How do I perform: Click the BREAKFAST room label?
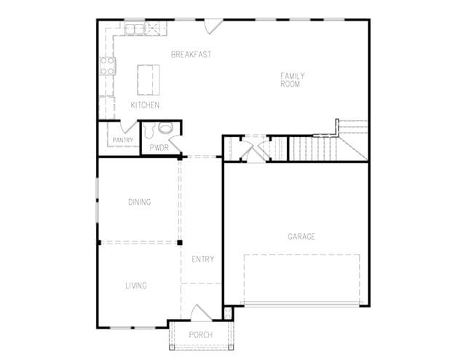[191, 54]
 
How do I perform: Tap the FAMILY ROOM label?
[293, 79]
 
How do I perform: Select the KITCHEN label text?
[145, 105]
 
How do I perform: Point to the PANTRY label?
[123, 140]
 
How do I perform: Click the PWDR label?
[159, 147]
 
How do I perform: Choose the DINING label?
[139, 202]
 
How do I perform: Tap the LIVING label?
[136, 286]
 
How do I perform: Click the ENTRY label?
[203, 259]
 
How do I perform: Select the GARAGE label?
[301, 237]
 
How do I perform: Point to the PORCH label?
[201, 335]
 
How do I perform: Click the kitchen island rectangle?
[149, 79]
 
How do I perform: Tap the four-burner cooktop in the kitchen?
[107, 66]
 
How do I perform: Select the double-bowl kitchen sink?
[135, 29]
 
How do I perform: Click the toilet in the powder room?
[149, 130]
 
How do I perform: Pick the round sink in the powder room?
[165, 128]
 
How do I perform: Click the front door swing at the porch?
[201, 313]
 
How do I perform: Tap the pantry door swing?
[128, 127]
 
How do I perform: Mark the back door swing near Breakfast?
[213, 26]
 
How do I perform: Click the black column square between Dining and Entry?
[180, 243]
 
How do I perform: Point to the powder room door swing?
[175, 144]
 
